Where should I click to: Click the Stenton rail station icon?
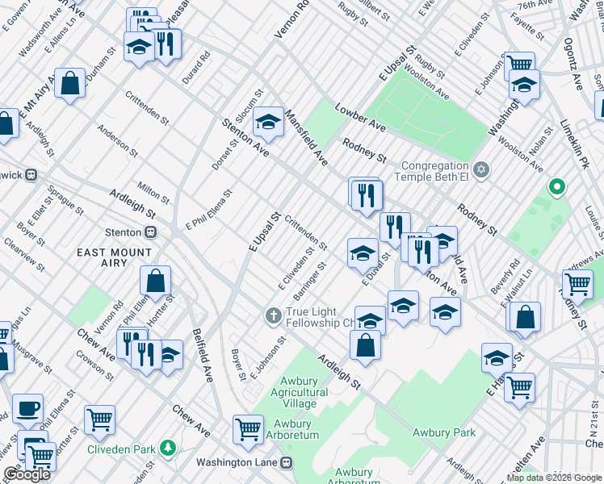click(150, 232)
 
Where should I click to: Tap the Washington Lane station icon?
click(286, 463)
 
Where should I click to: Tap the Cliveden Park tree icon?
click(168, 447)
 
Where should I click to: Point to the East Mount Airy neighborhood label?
click(113, 257)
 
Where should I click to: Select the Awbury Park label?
click(444, 432)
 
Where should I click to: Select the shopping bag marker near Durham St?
click(70, 82)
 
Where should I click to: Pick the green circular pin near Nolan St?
click(556, 188)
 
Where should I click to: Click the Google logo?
click(27, 474)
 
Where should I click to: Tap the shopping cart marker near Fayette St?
click(519, 64)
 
